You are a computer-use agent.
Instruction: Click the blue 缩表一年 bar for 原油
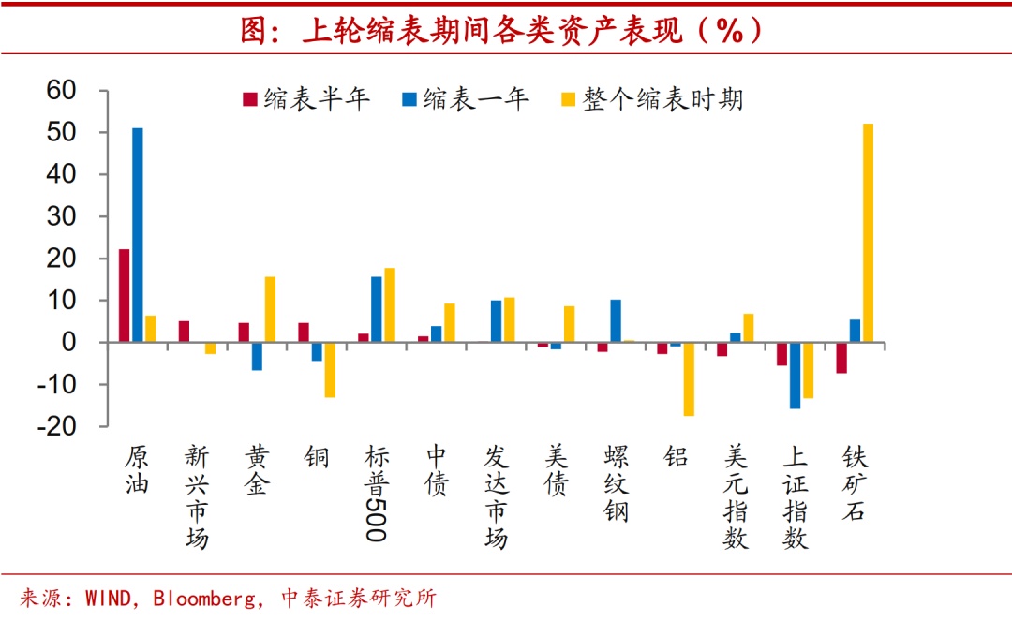point(138,235)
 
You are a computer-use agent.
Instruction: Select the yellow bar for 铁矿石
point(868,233)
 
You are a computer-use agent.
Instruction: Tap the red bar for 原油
point(125,296)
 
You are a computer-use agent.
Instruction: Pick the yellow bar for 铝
point(689,379)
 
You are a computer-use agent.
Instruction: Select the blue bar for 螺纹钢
point(616,321)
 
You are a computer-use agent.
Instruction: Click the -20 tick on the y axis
point(62,426)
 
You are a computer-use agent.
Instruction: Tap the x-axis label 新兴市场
point(196,497)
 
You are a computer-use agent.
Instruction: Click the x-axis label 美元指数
point(737,497)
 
